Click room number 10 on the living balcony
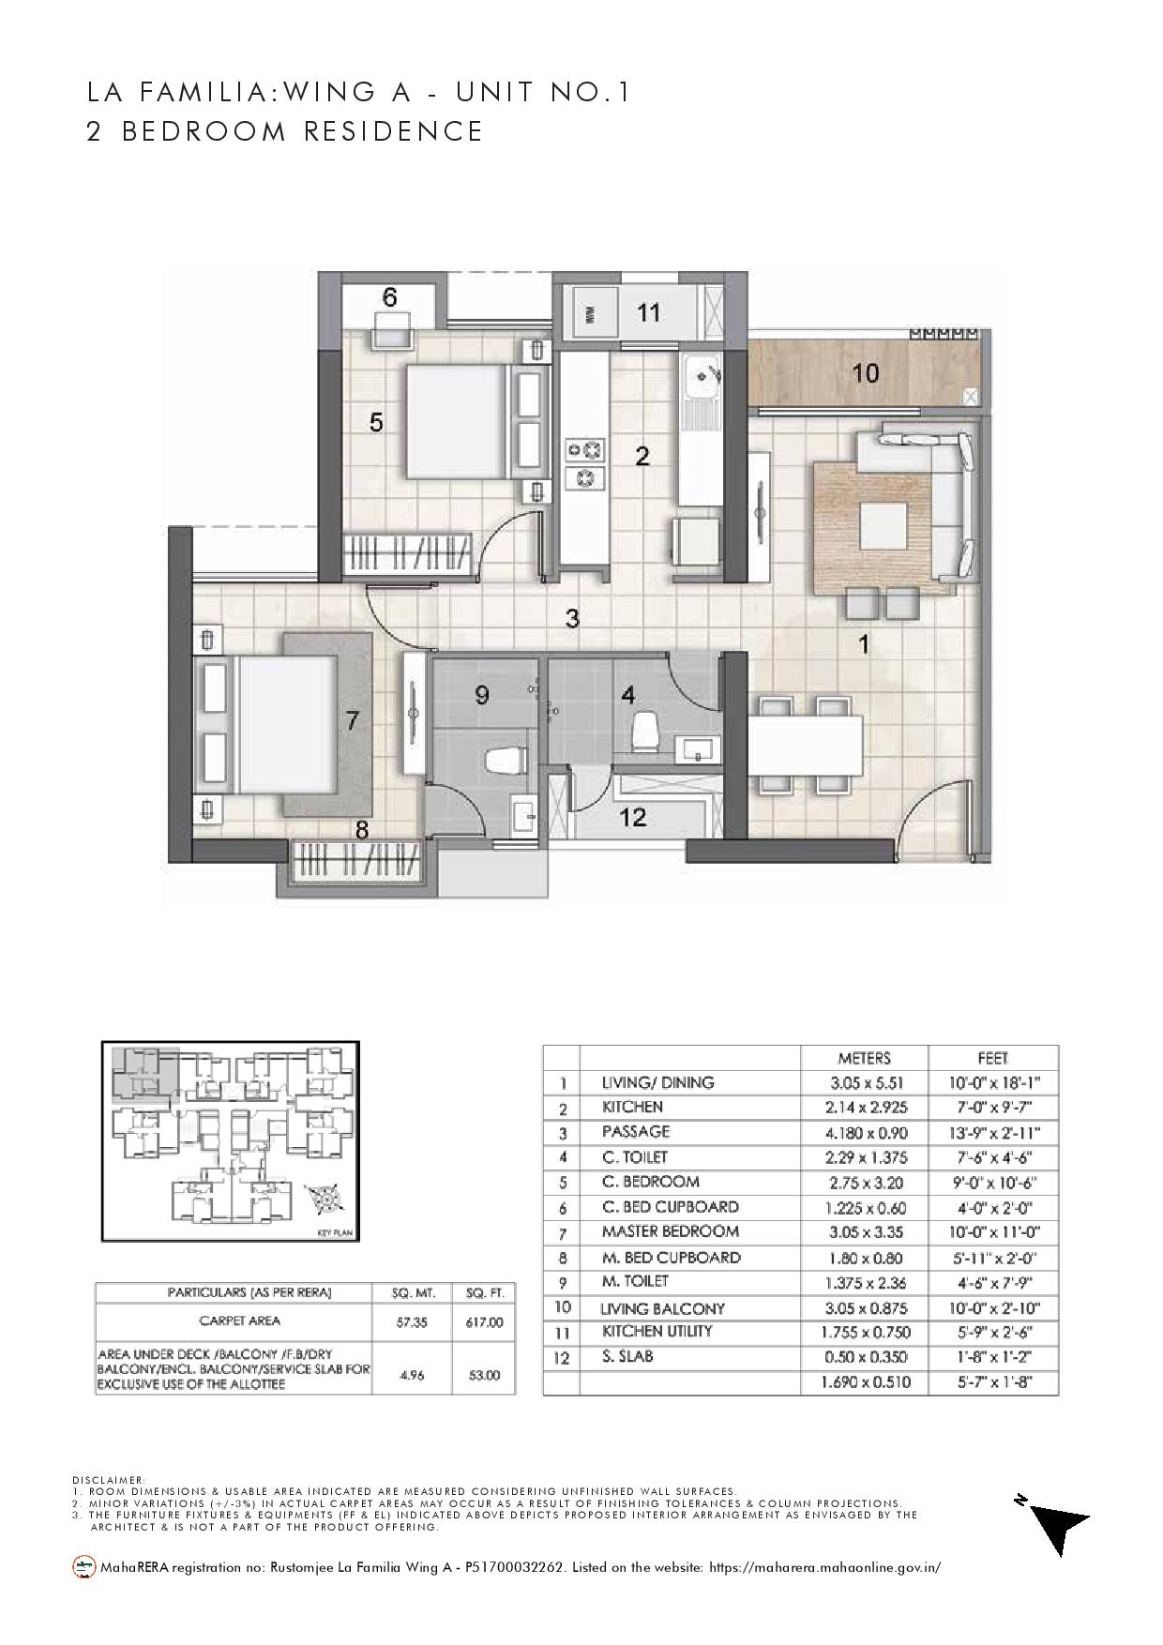point(865,373)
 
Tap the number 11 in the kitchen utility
point(649,312)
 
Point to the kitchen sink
point(699,378)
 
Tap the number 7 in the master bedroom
point(352,721)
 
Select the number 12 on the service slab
point(634,817)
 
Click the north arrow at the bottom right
point(1060,1523)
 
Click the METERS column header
point(864,1058)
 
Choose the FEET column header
point(992,1058)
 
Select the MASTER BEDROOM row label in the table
point(670,1231)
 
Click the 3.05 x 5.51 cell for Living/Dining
point(864,1082)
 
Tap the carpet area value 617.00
point(483,1322)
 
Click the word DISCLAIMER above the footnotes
point(108,1479)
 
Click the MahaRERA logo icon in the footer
point(84,1566)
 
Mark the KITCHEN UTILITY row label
point(657,1331)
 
